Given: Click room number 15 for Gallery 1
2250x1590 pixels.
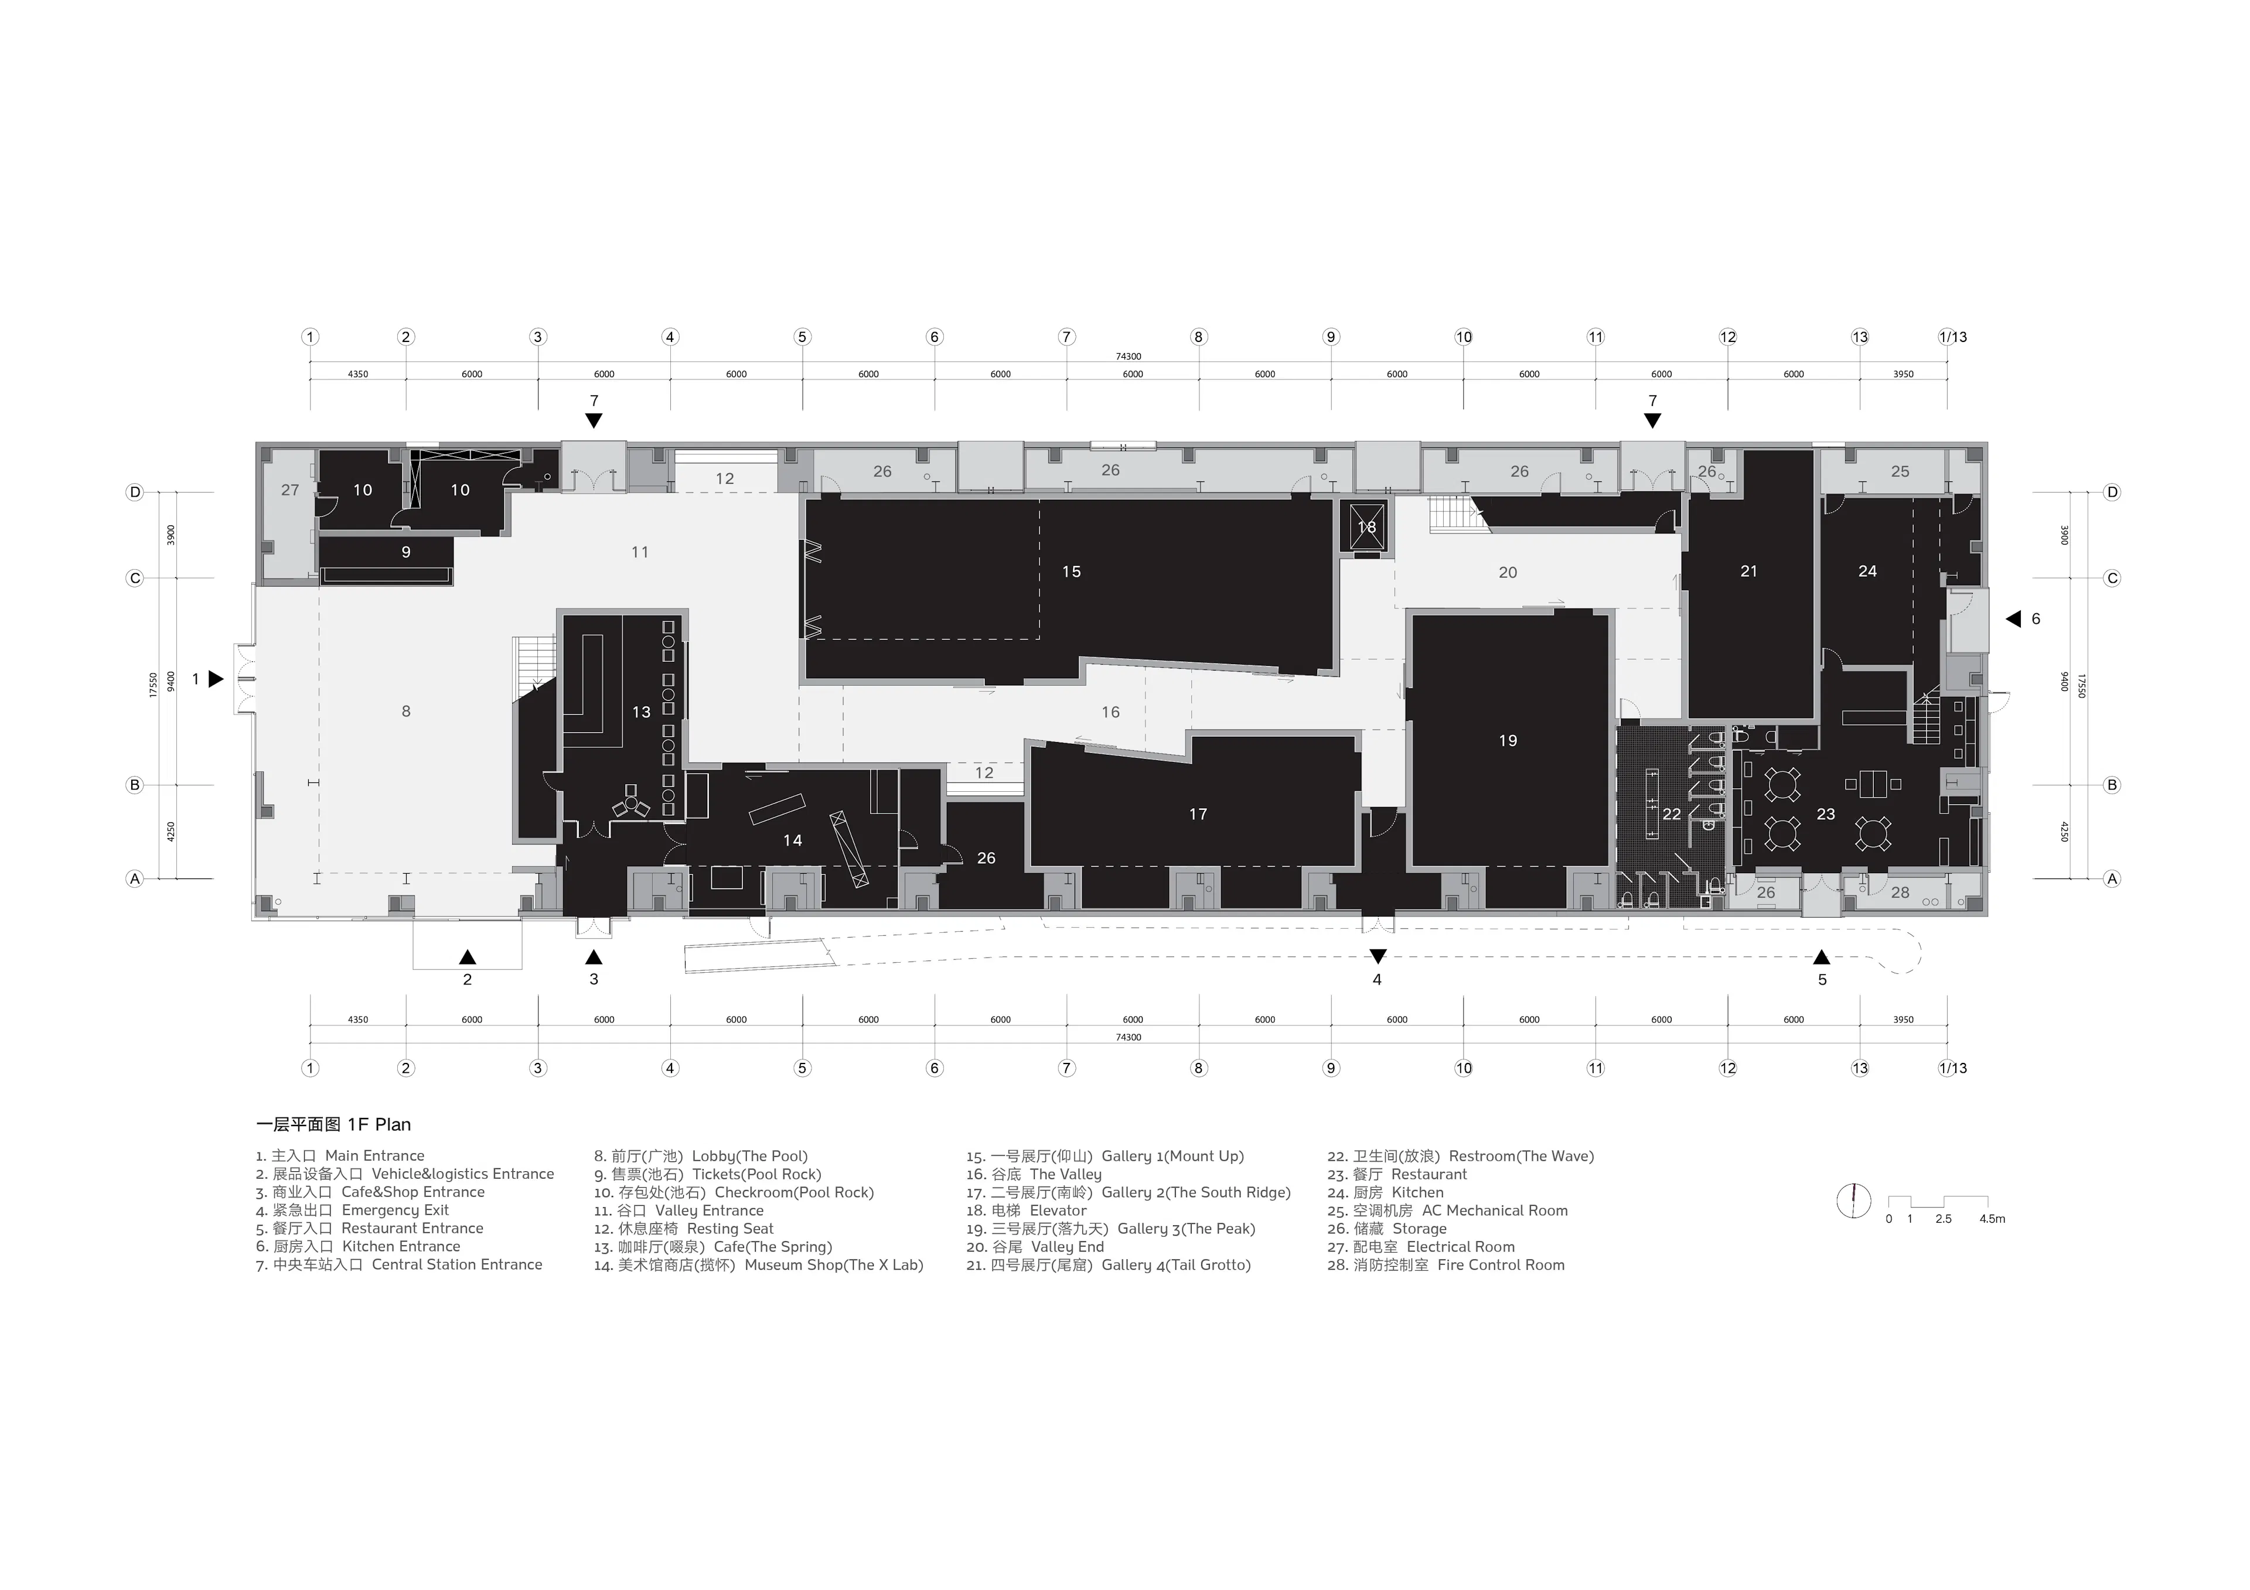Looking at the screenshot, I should click(x=1071, y=571).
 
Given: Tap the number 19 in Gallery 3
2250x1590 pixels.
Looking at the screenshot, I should click(x=1507, y=741).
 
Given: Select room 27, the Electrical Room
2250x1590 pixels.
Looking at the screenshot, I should click(x=290, y=490).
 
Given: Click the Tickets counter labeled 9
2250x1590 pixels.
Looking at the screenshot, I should click(x=405, y=552).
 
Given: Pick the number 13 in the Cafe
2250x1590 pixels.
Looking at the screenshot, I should click(x=641, y=712).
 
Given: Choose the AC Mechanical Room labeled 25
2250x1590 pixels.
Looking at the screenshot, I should click(x=1899, y=471).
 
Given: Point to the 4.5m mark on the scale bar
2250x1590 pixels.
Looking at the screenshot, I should click(x=1991, y=1219).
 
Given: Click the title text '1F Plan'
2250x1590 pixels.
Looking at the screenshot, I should click(x=379, y=1124).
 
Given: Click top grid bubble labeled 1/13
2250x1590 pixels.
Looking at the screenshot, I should click(x=1952, y=337).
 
